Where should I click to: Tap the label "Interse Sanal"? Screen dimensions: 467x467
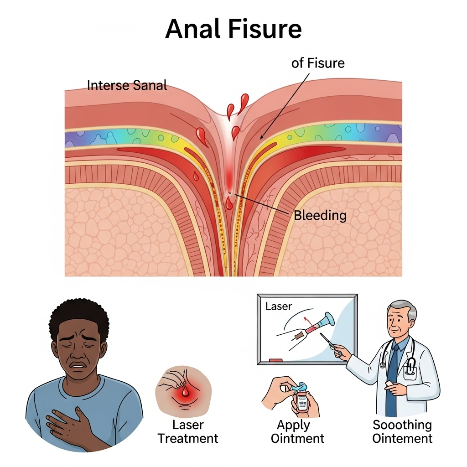pos(127,85)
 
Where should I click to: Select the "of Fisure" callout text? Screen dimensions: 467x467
pos(318,63)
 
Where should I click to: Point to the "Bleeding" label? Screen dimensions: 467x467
pos(320,215)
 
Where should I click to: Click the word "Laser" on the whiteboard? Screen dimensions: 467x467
pos(278,306)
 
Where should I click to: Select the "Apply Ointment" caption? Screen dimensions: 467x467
pos(297,432)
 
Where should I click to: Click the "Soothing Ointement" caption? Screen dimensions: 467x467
pos(402,432)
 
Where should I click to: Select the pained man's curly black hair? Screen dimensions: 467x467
pos(79,315)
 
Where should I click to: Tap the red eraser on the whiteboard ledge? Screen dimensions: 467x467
pos(275,361)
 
